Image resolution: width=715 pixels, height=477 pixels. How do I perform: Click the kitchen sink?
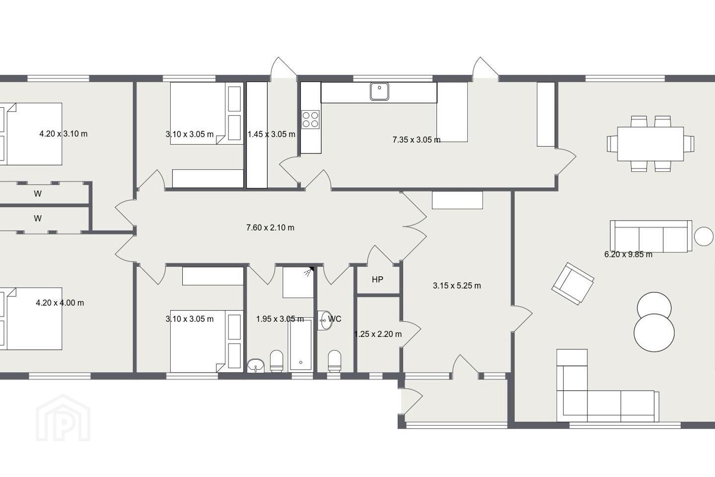(x=379, y=91)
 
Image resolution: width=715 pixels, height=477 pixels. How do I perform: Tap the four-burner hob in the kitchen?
(x=311, y=119)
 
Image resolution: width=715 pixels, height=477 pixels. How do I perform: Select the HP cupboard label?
(x=377, y=280)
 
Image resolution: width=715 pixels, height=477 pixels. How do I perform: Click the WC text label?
(x=335, y=318)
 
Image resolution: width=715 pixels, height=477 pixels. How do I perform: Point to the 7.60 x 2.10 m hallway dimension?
(x=270, y=228)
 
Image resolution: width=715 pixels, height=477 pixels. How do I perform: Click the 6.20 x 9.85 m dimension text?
(x=628, y=254)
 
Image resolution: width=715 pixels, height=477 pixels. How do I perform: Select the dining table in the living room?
(x=650, y=144)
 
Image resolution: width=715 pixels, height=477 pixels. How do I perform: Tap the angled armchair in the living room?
(x=572, y=283)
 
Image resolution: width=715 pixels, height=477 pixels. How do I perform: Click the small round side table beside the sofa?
(x=704, y=236)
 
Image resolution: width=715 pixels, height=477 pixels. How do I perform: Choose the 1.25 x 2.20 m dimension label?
(x=378, y=334)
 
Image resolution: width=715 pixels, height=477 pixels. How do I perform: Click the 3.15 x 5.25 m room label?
(x=457, y=286)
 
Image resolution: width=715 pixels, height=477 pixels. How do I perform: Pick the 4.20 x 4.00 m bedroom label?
(x=60, y=303)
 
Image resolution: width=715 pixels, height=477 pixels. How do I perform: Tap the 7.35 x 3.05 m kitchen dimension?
(x=417, y=140)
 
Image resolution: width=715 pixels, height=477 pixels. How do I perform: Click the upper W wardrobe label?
(x=38, y=194)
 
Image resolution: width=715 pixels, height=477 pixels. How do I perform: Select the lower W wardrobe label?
(x=38, y=219)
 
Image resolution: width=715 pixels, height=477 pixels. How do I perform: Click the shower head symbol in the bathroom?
(x=308, y=271)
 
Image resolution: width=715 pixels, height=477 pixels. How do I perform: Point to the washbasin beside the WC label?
(x=325, y=320)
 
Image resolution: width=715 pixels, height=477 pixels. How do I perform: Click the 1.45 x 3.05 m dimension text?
(x=272, y=134)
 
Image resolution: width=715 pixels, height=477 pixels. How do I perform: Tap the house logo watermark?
(x=63, y=418)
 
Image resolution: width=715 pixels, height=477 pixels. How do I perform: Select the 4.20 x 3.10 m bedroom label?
(x=63, y=134)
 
